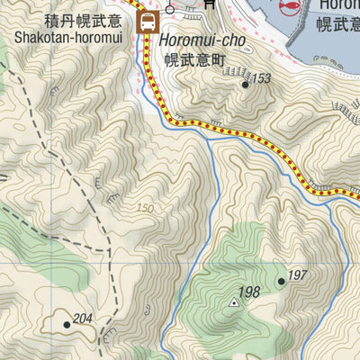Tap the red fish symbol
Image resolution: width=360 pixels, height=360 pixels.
click(x=289, y=7)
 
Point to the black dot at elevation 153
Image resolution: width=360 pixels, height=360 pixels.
click(x=245, y=85)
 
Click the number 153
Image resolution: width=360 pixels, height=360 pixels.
click(x=260, y=79)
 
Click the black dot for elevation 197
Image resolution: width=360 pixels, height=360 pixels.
click(x=282, y=282)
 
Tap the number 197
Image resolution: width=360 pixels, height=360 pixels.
click(x=297, y=274)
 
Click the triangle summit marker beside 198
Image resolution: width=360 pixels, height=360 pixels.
click(x=235, y=302)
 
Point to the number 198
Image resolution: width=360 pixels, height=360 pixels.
click(x=249, y=292)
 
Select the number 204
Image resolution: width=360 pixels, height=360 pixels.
click(x=83, y=318)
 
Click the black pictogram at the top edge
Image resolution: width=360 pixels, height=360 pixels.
click(x=208, y=4)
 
